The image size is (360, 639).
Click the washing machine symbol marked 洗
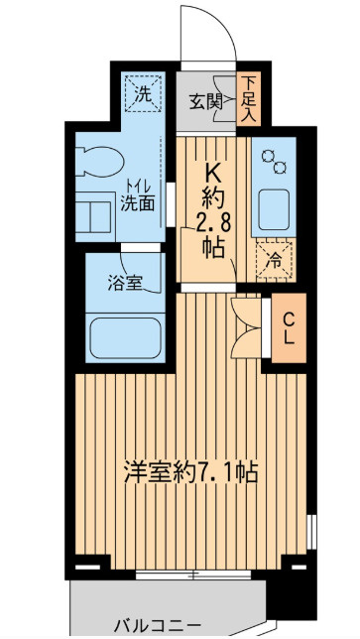tap(143, 93)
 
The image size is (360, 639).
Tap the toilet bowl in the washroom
tap(99, 162)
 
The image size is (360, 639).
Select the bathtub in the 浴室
tap(125, 337)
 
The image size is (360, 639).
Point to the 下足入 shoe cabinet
tap(248, 99)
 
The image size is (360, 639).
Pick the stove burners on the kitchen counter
tap(274, 161)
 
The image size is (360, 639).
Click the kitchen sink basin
tap(274, 209)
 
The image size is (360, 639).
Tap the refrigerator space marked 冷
tap(275, 260)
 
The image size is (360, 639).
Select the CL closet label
tap(289, 328)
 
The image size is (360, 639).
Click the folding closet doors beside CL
tap(246, 328)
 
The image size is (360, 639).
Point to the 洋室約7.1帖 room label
tap(190, 472)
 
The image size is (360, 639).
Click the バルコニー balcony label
tap(158, 625)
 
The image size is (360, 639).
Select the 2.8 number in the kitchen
tap(213, 222)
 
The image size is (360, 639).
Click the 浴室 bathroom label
tap(125, 284)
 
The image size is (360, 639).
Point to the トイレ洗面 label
tap(138, 196)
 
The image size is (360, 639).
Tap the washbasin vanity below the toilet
tap(95, 216)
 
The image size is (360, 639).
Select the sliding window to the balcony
tap(193, 575)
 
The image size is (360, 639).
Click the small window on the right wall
tap(311, 532)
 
